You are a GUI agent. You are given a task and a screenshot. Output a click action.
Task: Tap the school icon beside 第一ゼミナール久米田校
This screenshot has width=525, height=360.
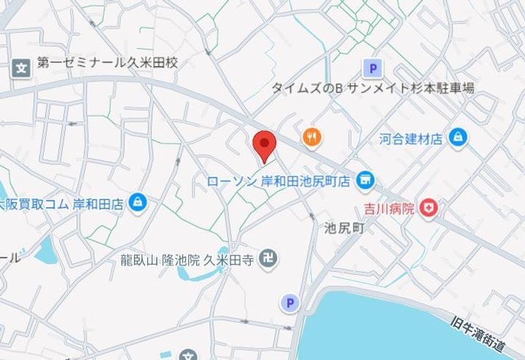tap(21, 69)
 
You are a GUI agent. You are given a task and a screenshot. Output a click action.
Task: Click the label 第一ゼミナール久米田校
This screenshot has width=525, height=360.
tap(108, 64)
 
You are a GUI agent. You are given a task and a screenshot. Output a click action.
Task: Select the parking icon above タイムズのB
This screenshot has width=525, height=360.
tap(373, 69)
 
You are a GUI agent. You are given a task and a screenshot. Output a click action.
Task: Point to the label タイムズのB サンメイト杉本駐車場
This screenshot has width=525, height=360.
tap(373, 88)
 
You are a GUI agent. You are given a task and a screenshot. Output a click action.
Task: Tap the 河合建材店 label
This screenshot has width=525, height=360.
tap(411, 138)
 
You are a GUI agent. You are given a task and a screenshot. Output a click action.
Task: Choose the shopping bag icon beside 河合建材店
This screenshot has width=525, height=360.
tap(457, 136)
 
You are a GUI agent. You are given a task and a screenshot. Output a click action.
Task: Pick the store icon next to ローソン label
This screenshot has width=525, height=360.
tap(365, 179)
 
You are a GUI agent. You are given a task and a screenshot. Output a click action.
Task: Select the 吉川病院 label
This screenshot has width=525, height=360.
tap(390, 209)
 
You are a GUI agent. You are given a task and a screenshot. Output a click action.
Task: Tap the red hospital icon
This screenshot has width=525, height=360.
tap(429, 208)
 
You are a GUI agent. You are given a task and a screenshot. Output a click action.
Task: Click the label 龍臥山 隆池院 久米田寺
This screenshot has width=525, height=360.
tap(188, 259)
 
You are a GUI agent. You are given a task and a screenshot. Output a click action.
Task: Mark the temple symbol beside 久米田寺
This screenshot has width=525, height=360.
tap(269, 258)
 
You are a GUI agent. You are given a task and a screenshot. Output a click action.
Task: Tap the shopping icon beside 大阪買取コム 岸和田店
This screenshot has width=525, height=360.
tap(136, 203)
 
